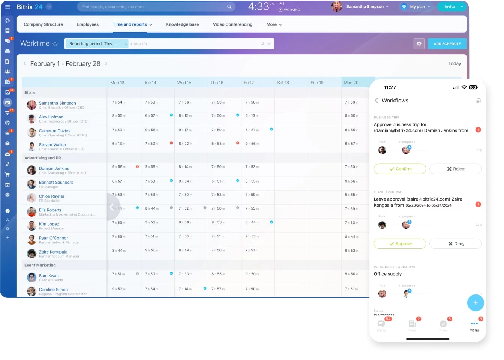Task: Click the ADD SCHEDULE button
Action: (447, 44)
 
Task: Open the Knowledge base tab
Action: (182, 24)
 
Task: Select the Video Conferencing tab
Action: (232, 24)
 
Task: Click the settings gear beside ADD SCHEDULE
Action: (419, 44)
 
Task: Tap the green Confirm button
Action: (400, 169)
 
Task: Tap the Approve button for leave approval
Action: (400, 244)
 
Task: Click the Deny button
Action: (455, 244)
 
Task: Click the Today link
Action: (454, 63)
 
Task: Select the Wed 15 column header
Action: (184, 82)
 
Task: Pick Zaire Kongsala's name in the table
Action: (53, 252)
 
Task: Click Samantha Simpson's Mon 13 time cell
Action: (118, 102)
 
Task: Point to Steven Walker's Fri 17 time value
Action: (252, 144)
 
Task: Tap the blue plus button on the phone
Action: (475, 303)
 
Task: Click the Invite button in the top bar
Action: (449, 7)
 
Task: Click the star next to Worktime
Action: (55, 44)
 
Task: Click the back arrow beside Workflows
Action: (376, 100)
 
